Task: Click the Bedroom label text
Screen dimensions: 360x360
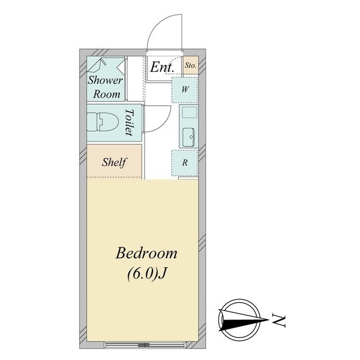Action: click(x=146, y=253)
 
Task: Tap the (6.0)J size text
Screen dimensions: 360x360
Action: click(x=146, y=273)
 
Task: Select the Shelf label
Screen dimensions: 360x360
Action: click(x=114, y=163)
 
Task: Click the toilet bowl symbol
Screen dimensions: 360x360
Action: click(x=102, y=122)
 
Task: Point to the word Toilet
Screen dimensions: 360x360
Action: click(x=129, y=122)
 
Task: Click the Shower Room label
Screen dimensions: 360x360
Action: click(x=105, y=87)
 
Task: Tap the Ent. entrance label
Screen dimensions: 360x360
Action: click(x=162, y=67)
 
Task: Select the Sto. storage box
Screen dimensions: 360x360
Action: click(x=191, y=65)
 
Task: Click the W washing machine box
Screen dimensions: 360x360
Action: click(x=184, y=90)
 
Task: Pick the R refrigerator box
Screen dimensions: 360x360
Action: click(x=184, y=163)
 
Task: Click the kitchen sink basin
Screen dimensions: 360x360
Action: click(x=189, y=137)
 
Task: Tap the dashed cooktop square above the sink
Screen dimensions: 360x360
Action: click(x=190, y=112)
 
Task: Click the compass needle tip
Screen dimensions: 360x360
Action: click(x=269, y=319)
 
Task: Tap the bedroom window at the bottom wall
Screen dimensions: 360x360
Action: click(x=145, y=345)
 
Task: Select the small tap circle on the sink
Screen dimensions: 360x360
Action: click(x=191, y=137)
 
